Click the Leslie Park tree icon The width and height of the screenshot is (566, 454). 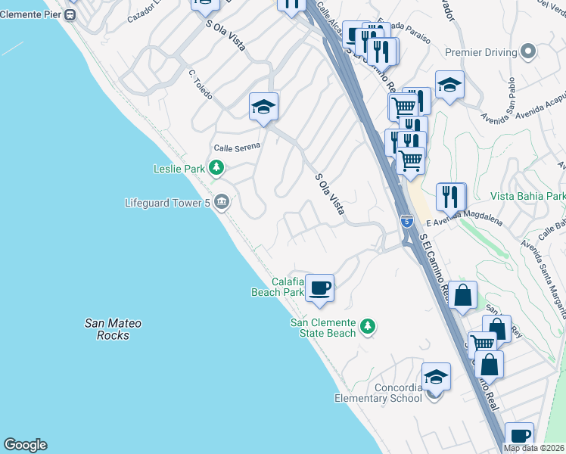(x=217, y=168)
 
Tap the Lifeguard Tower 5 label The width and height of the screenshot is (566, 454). (x=168, y=203)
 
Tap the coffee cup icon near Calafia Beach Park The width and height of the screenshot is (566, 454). (x=320, y=288)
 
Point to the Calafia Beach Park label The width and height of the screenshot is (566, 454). (x=277, y=287)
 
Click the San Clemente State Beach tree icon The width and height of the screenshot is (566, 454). (x=368, y=326)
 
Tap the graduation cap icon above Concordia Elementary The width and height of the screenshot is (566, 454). (x=437, y=377)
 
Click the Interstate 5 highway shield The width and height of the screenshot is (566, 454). (x=407, y=221)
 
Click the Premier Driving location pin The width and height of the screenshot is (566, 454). (x=528, y=51)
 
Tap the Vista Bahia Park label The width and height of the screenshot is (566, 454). (x=528, y=196)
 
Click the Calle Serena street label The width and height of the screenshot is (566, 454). (x=237, y=147)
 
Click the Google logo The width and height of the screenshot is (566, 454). (x=25, y=445)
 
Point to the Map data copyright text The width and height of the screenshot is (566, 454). (x=534, y=448)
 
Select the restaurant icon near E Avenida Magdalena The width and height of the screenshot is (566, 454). (x=451, y=197)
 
